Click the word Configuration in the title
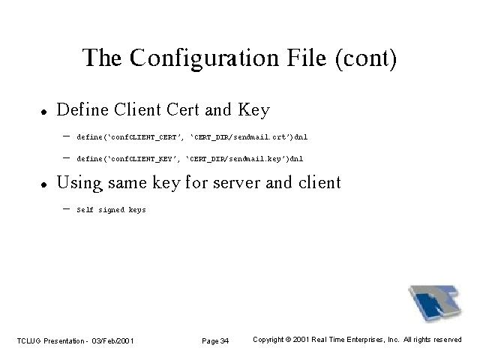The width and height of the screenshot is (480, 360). click(x=204, y=58)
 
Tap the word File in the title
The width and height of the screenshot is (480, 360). click(x=307, y=58)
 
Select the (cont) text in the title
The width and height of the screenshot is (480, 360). click(x=366, y=58)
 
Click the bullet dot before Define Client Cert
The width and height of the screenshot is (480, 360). click(x=44, y=112)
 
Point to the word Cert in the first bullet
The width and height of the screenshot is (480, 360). click(x=183, y=109)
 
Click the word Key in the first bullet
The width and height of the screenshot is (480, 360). click(x=253, y=110)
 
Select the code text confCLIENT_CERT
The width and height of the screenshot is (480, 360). click(x=143, y=137)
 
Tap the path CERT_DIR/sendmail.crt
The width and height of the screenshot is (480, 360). click(x=240, y=136)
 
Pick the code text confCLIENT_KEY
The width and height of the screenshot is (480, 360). click(x=142, y=159)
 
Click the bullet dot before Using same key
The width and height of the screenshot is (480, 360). click(x=44, y=184)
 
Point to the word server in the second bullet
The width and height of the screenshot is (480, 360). click(x=237, y=183)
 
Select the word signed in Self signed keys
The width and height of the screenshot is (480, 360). click(x=112, y=210)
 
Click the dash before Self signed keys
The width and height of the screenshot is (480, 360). click(x=66, y=209)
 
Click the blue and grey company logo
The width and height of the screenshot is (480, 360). click(x=435, y=302)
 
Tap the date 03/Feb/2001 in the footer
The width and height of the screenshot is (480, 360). click(x=112, y=340)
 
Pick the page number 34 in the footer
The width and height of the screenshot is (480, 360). click(x=224, y=340)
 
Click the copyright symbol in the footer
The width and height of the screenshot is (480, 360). click(x=288, y=340)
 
